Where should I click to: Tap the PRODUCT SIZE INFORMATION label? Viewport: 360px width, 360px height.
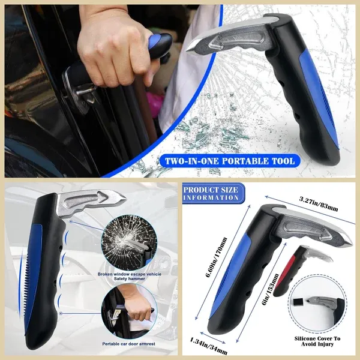point(211,194)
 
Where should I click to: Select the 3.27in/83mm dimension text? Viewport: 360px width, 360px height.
point(319,202)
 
